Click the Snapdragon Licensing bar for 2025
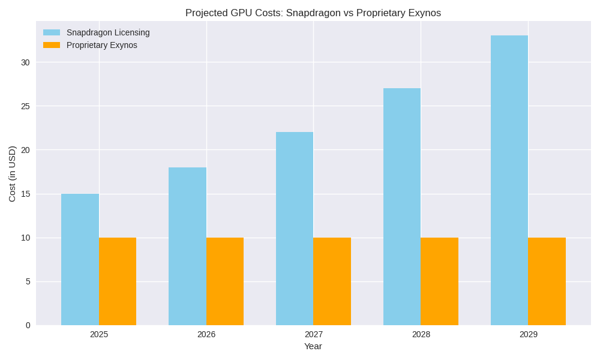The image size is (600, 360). [x=80, y=259]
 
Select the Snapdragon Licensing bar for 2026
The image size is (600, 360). [x=187, y=246]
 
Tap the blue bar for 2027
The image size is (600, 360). [x=295, y=229]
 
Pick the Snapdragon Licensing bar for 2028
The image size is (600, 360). [x=402, y=206]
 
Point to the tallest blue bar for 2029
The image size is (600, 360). [x=509, y=180]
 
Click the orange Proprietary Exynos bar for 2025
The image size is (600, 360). [x=118, y=281]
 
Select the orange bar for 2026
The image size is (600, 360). [x=225, y=281]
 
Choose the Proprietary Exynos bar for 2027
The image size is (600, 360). [x=332, y=281]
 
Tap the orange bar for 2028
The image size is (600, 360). [x=440, y=281]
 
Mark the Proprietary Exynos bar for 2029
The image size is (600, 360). [x=547, y=281]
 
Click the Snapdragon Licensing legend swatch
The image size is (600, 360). [x=52, y=32]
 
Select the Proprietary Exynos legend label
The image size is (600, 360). [x=102, y=45]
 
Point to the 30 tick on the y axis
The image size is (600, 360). [x=25, y=62]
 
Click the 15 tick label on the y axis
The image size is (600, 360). [x=25, y=194]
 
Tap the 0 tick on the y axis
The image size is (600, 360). [x=28, y=325]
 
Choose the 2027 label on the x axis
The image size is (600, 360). [x=313, y=334]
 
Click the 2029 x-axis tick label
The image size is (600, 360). [x=528, y=334]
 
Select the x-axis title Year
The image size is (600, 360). [x=313, y=346]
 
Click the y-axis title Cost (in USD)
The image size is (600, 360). [x=12, y=173]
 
